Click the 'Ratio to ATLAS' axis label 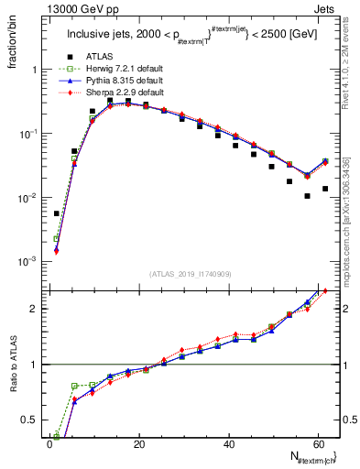tap(13, 364)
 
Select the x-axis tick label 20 tap(139, 443)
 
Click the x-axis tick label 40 tap(228, 443)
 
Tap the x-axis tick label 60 tap(317, 443)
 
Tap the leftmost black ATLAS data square tap(57, 213)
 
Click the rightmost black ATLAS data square tap(325, 189)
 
